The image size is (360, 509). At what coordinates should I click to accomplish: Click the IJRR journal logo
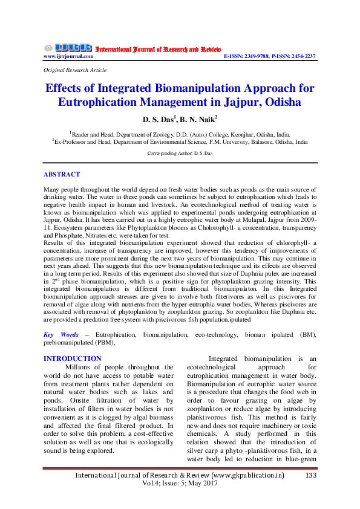[67, 47]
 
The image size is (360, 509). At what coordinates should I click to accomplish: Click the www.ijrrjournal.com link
[68, 56]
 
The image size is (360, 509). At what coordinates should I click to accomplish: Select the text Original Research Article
[75, 70]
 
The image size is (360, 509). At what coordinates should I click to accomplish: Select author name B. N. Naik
[200, 119]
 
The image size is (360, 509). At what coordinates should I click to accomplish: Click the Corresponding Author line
[180, 154]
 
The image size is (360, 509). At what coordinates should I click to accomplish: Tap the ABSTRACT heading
[61, 174]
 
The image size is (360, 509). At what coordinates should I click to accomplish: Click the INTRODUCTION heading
[73, 358]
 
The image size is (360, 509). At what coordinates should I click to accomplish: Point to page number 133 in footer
[311, 476]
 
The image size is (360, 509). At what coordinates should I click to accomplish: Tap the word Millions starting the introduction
[80, 367]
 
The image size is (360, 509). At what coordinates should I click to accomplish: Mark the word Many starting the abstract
[51, 189]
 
